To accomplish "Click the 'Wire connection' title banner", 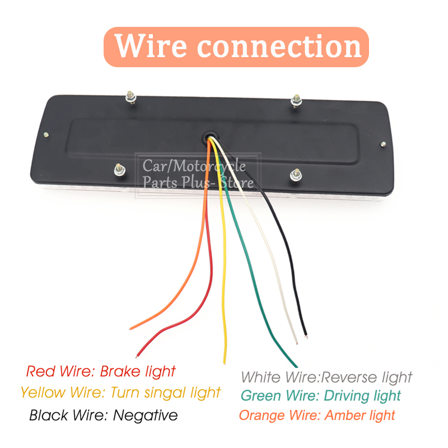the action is tap(236, 47).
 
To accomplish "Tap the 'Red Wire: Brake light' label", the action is tap(101, 372).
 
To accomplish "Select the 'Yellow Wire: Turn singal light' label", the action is tap(120, 393).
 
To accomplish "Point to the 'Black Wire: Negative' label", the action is tap(104, 415).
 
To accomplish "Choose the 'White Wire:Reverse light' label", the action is tap(326, 377).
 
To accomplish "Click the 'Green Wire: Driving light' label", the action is tap(320, 396).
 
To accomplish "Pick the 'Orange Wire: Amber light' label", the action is tap(317, 415).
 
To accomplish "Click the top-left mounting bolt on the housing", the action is tap(130, 97).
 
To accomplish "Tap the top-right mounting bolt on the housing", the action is tap(296, 101).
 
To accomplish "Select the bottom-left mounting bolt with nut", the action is tap(119, 170).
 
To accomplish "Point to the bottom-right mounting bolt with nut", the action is tap(296, 175).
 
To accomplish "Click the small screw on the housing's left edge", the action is tap(46, 135).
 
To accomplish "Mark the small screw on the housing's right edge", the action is tap(383, 144).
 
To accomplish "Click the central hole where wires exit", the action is tap(210, 136).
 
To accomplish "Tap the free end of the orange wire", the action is tap(131, 329).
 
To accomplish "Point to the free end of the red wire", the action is tap(137, 356).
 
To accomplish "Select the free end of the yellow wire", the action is tap(225, 362).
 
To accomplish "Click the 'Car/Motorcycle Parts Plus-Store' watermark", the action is tap(198, 174).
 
